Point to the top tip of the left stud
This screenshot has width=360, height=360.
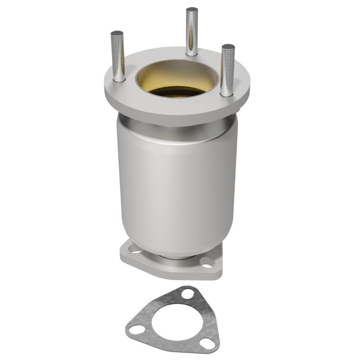point(117,33)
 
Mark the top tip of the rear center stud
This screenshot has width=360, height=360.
point(192,9)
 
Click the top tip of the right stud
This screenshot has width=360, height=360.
point(228,46)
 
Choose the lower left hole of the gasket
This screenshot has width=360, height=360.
point(135,330)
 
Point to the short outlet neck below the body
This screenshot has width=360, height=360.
point(178,258)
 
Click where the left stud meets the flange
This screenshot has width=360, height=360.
point(119,80)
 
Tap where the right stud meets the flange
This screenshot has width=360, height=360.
point(227,94)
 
